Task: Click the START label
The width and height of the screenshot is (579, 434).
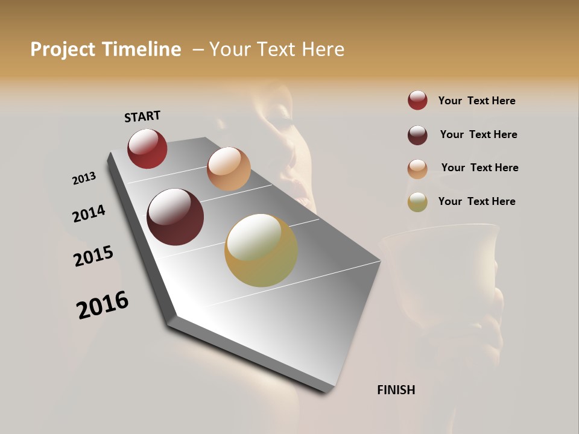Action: (x=142, y=116)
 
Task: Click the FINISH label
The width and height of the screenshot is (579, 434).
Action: (x=396, y=390)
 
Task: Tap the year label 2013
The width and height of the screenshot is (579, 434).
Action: (x=84, y=178)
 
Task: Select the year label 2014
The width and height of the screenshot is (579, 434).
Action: (x=89, y=213)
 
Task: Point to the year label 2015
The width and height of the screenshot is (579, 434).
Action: (x=93, y=256)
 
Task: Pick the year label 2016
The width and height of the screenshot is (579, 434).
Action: (x=103, y=305)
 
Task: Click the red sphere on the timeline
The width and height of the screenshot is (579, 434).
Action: (x=147, y=149)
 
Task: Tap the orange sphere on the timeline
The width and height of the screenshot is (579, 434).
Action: (x=229, y=169)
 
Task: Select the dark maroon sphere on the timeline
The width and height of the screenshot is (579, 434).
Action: (x=175, y=217)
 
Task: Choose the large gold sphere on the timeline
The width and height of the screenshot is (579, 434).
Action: (x=261, y=250)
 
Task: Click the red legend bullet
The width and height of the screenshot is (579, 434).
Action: (x=417, y=101)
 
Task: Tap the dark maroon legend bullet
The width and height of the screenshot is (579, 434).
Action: (x=417, y=135)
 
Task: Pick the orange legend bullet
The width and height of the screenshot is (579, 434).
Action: (x=417, y=168)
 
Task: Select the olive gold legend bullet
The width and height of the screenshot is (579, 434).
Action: (x=417, y=202)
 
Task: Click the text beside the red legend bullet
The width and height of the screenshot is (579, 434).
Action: (x=476, y=101)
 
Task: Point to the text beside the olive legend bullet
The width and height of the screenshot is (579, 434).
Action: (x=476, y=201)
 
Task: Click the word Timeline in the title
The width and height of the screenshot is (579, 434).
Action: (x=142, y=49)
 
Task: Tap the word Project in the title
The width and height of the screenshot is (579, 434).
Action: (x=63, y=49)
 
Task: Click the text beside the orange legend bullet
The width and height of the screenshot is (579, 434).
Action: (x=479, y=168)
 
